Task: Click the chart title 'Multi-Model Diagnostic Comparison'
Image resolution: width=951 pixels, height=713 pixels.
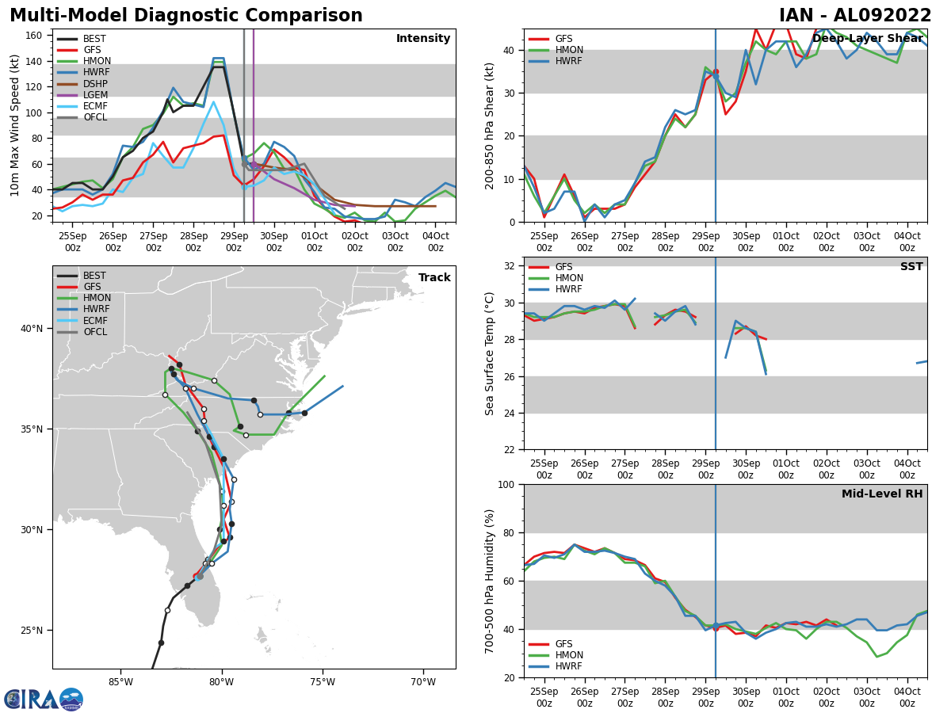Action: click(185, 16)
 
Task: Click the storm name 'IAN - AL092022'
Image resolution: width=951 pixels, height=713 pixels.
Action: click(855, 16)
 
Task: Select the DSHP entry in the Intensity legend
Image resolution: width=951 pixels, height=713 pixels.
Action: click(94, 83)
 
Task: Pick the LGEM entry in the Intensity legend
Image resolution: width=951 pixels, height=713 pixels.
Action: click(94, 94)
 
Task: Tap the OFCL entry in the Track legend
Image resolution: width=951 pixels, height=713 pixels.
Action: click(94, 332)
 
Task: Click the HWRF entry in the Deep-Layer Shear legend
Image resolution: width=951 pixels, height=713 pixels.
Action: click(567, 61)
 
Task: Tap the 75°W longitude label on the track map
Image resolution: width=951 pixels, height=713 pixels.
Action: click(323, 681)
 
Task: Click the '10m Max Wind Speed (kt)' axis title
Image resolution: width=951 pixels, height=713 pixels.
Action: click(15, 125)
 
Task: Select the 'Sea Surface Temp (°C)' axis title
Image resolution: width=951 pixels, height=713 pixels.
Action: click(490, 353)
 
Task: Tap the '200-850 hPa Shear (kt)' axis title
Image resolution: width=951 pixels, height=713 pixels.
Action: click(490, 125)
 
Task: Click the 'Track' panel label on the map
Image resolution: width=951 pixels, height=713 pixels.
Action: click(434, 277)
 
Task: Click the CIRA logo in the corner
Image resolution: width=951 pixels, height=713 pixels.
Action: click(43, 699)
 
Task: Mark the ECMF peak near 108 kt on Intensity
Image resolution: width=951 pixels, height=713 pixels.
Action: click(213, 101)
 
